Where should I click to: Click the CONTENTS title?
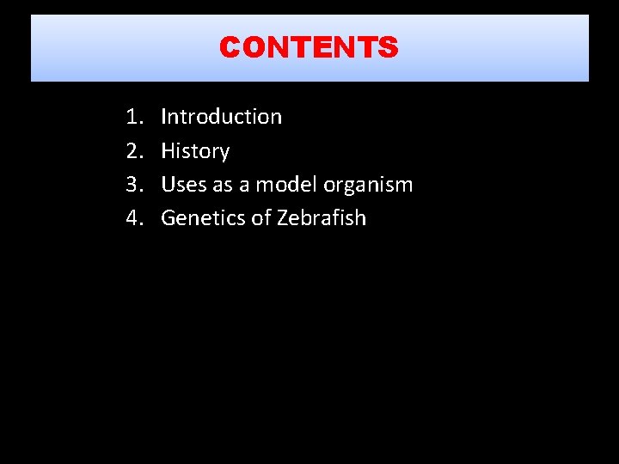coord(309,47)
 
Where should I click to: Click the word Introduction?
coord(221,117)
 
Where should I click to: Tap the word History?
coord(195,151)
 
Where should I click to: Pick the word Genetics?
coord(203,218)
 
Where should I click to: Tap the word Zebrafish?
coord(322,218)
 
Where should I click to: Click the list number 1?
coord(132,117)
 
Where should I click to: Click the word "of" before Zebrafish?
coord(261,218)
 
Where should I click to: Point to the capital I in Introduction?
coord(164,117)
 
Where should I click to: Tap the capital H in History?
coord(169,151)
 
